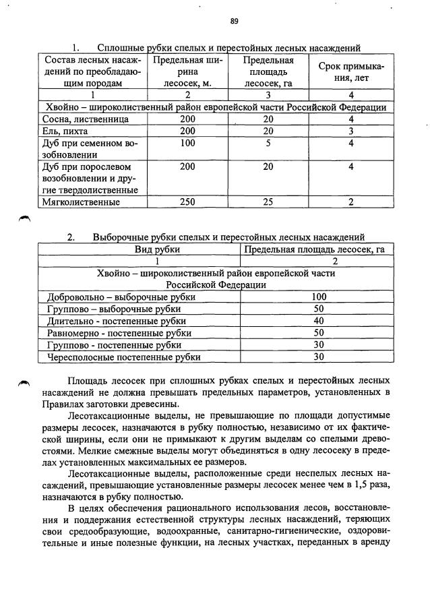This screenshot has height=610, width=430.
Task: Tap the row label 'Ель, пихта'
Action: (65, 131)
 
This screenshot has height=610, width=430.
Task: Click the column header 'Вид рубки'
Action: (139, 249)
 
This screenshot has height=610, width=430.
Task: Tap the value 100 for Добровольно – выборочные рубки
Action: (319, 297)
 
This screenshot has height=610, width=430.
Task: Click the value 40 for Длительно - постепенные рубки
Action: (319, 321)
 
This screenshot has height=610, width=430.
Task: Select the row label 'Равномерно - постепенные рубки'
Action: (119, 333)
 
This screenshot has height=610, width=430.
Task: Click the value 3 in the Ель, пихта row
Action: (351, 131)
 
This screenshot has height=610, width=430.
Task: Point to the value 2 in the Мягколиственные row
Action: (351, 202)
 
